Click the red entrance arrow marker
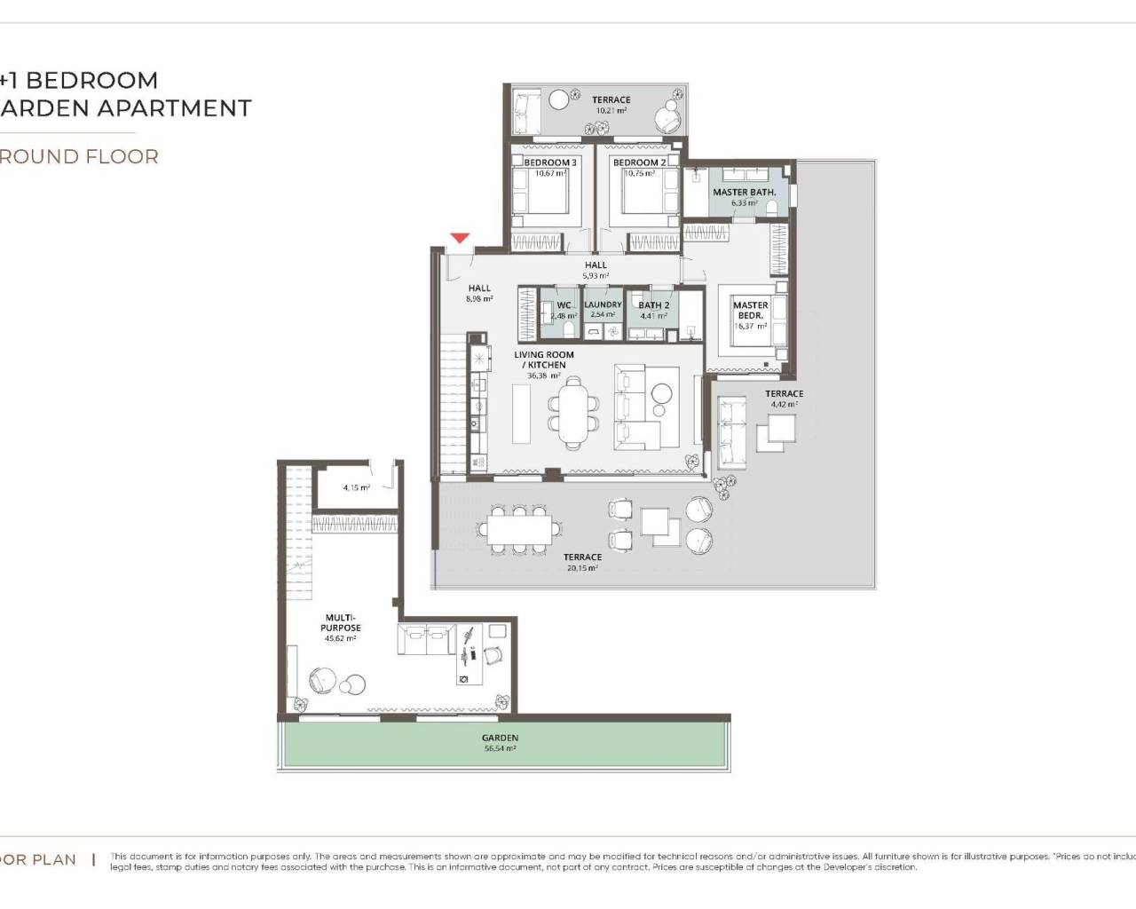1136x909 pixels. tap(459, 238)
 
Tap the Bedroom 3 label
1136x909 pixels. tap(549, 162)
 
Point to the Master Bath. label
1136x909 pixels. tap(744, 192)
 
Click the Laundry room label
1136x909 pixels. tap(603, 304)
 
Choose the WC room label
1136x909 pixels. tap(564, 305)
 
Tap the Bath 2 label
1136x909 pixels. tap(653, 305)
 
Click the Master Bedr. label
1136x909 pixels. tap(750, 310)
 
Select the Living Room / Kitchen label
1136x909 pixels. tap(543, 360)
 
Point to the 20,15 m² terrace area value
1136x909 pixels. tap(582, 568)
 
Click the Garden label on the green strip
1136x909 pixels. tap(500, 738)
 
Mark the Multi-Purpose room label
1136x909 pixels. tap(341, 622)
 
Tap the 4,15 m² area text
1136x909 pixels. tap(356, 487)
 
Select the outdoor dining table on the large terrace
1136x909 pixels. tap(520, 530)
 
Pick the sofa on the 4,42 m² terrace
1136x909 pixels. tap(731, 433)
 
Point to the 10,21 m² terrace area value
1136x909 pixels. tap(611, 111)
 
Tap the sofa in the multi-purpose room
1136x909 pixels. tap(427, 639)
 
